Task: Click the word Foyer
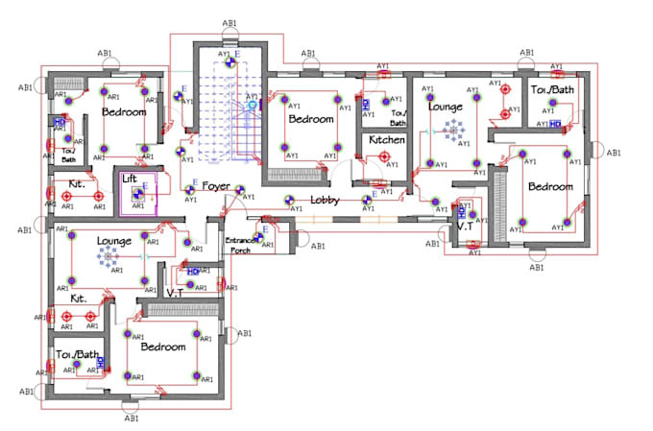tap(215, 188)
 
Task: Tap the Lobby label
tap(326, 202)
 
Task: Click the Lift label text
tap(130, 179)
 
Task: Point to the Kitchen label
tap(387, 140)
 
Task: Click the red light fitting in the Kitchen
tap(384, 157)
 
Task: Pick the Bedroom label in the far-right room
tap(550, 186)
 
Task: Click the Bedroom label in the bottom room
tap(162, 347)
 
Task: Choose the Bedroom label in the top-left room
tap(124, 112)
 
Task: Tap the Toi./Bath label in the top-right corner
tap(552, 90)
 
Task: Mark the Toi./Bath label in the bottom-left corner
tap(78, 354)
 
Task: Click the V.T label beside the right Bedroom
tap(465, 227)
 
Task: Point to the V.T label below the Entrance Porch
tap(176, 291)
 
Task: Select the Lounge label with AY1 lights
tap(446, 108)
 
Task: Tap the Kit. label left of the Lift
tap(78, 183)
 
